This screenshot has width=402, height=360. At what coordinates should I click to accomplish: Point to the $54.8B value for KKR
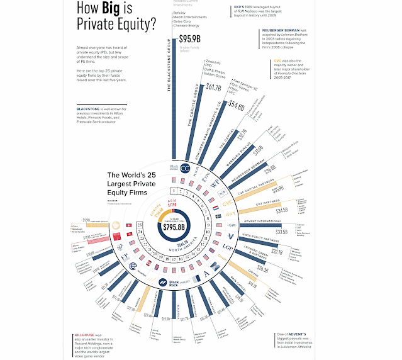coord(237,105)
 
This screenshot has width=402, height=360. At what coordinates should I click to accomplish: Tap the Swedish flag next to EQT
coord(218,216)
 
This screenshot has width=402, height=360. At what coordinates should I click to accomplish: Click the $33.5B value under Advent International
coord(282,231)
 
